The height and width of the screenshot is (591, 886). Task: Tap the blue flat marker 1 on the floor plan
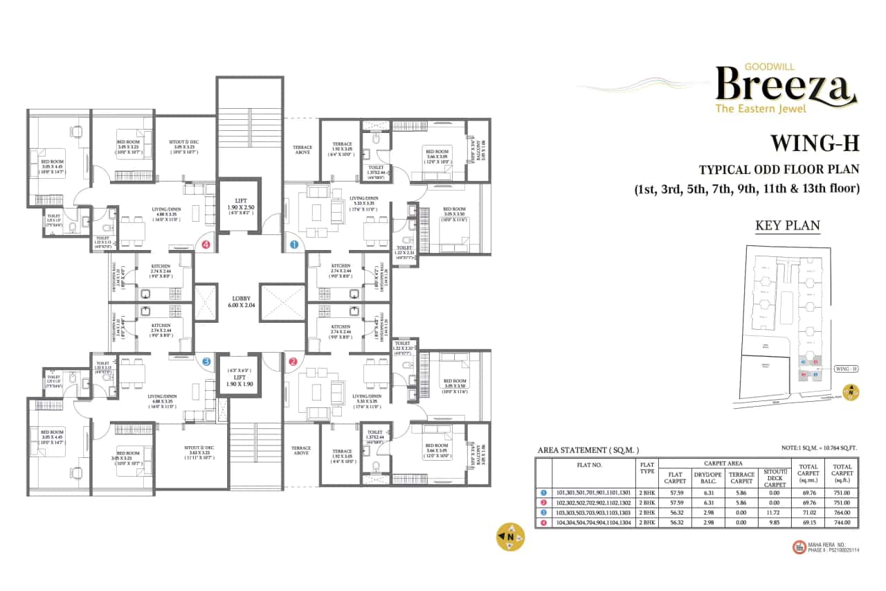(293, 244)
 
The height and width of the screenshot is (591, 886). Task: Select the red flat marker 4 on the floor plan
(206, 244)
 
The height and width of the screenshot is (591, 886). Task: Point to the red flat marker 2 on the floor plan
(293, 361)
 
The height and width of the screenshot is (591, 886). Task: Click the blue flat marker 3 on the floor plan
(206, 361)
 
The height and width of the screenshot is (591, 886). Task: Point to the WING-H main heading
(814, 143)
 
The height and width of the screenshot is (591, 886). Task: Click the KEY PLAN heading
(787, 225)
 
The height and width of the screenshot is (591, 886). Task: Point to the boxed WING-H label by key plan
(847, 369)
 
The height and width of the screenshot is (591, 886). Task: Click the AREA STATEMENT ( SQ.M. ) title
(588, 450)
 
